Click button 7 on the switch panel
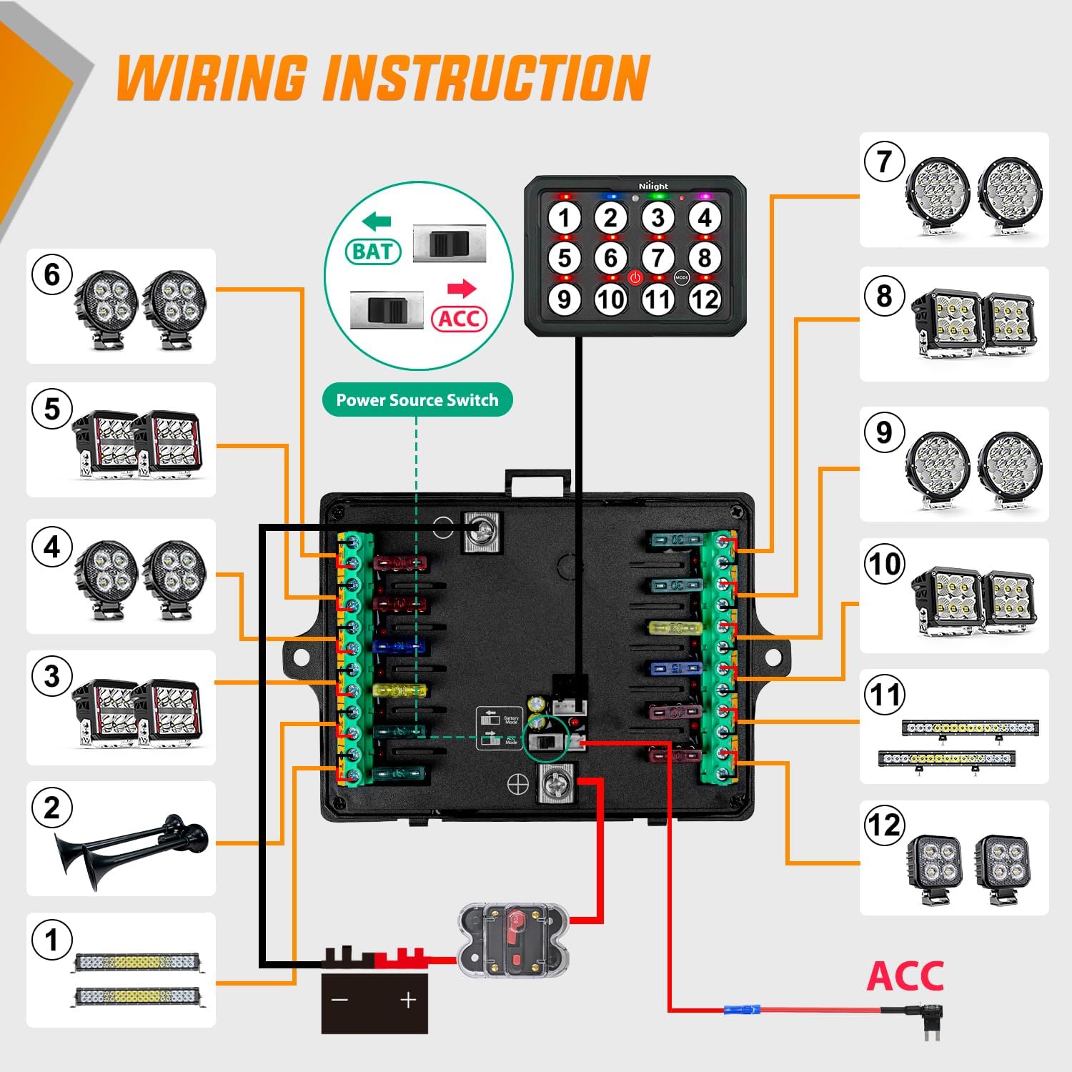tap(657, 258)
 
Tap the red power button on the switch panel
tap(635, 277)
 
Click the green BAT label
tap(372, 252)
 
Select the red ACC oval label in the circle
tap(459, 318)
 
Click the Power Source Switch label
tap(417, 400)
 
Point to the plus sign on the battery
tap(408, 999)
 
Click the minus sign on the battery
tap(340, 999)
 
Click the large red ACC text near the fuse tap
tap(905, 976)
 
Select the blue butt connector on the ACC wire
tap(741, 1011)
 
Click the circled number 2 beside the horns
tap(52, 808)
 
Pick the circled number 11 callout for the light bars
tap(885, 695)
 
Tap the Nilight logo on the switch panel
tap(653, 186)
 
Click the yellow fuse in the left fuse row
tap(399, 691)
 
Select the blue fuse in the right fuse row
tap(675, 669)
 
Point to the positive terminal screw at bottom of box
tap(555, 784)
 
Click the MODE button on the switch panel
tap(682, 277)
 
